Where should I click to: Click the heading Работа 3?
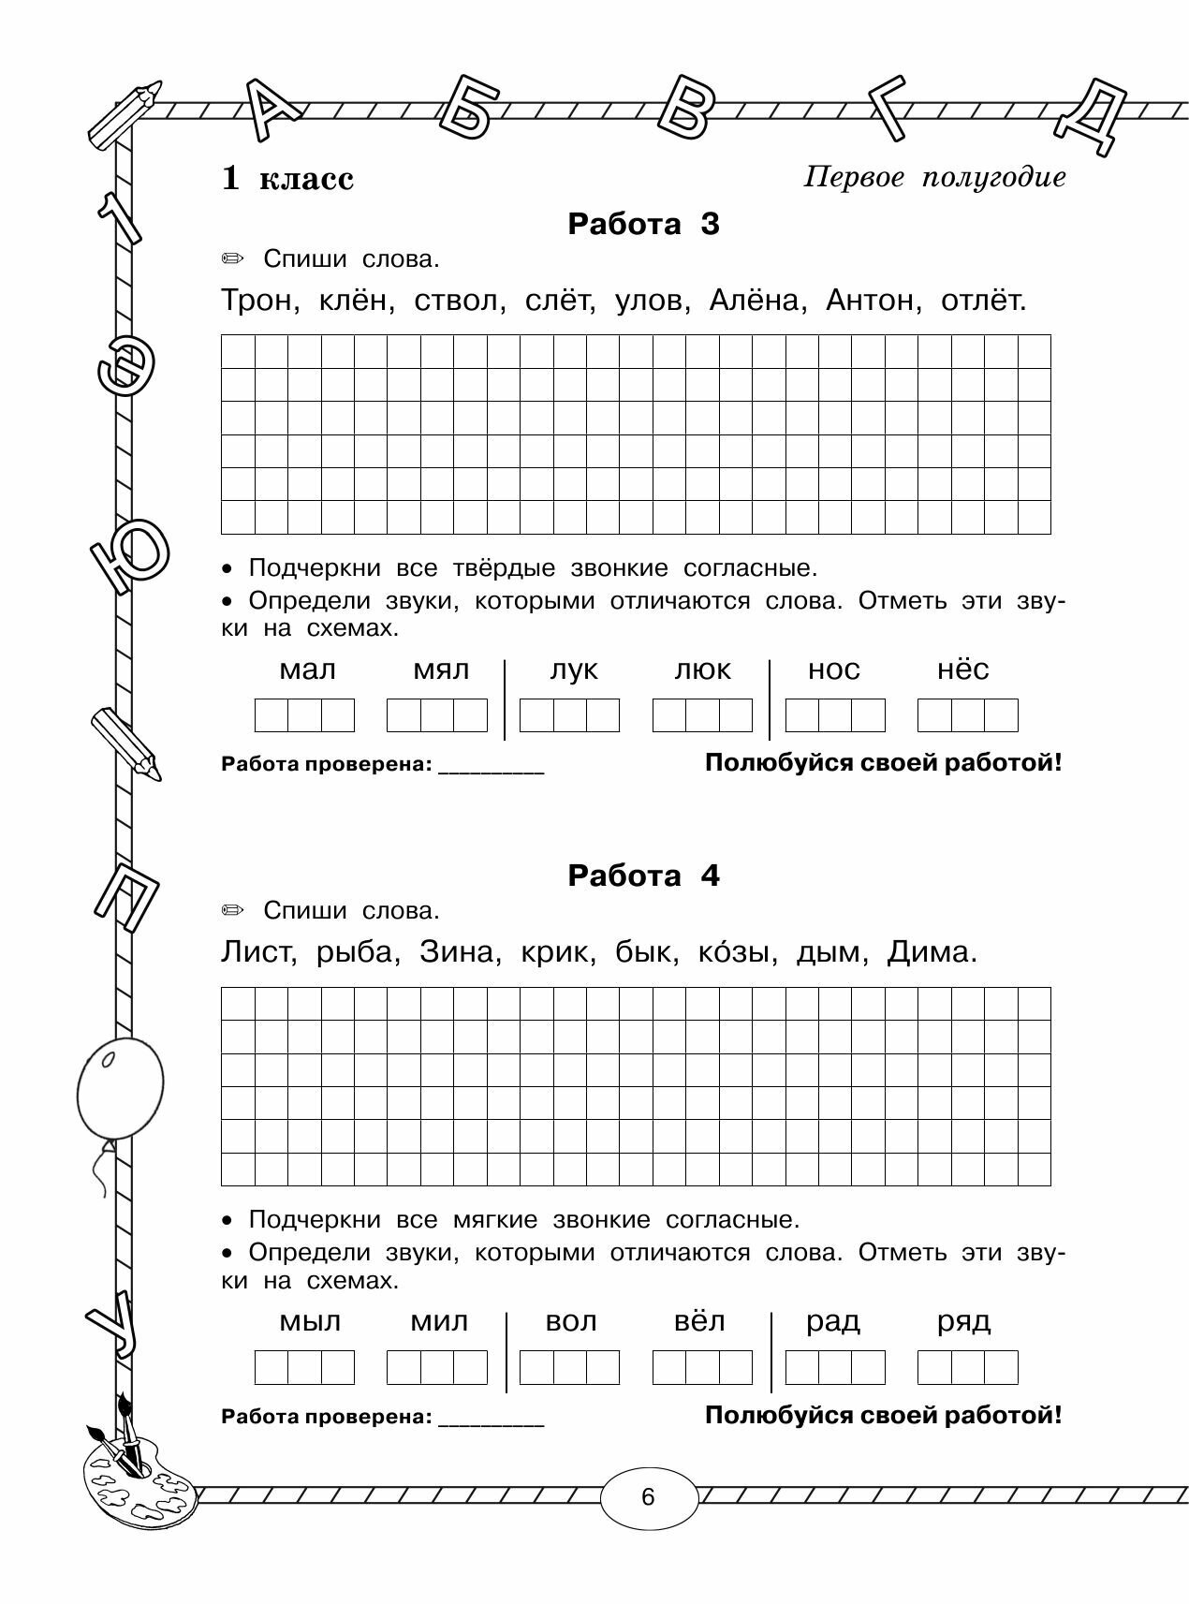[x=644, y=225]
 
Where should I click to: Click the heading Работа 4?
[x=644, y=876]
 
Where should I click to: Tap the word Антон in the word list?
[x=870, y=302]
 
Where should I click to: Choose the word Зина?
[x=457, y=953]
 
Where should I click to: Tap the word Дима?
[x=932, y=953]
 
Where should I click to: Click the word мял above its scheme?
[x=441, y=670]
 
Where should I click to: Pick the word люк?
[x=703, y=670]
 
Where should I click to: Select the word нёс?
[x=963, y=670]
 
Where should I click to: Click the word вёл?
[x=700, y=1322]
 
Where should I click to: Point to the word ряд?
[x=964, y=1322]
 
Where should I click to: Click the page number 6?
[x=649, y=1497]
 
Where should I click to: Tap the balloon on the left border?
[x=119, y=1089]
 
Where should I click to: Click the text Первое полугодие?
[x=934, y=178]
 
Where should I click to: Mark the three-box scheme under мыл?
[x=305, y=1368]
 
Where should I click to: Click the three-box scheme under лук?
[x=569, y=716]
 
